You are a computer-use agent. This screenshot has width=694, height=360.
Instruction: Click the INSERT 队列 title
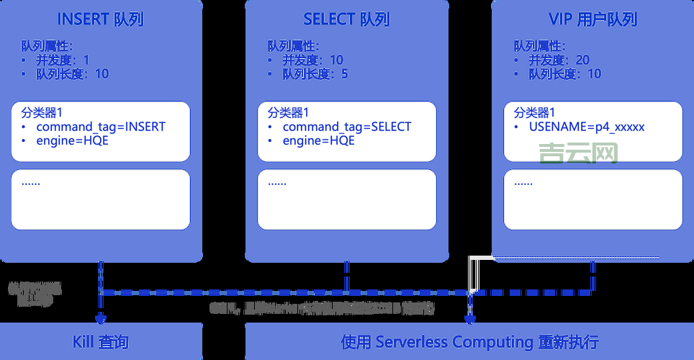101,19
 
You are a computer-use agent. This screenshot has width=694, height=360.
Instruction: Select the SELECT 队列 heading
346,19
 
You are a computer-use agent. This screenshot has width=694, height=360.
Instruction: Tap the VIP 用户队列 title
592,19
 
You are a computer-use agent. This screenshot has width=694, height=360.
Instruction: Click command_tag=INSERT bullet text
101,127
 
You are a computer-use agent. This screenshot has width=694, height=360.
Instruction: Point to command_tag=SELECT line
346,127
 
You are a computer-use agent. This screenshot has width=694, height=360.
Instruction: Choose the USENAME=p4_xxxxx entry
587,127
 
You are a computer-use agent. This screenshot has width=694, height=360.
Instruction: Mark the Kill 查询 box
101,341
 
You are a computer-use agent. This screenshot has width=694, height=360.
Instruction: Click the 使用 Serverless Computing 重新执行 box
469,341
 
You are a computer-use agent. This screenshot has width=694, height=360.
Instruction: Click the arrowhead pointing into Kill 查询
100,318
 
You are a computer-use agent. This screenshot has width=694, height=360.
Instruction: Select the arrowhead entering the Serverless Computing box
470,318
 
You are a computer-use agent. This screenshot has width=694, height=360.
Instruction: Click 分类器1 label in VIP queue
534,112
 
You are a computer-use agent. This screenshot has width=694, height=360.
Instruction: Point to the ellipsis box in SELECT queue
346,199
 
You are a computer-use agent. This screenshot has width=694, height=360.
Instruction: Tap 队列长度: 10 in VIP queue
564,73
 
